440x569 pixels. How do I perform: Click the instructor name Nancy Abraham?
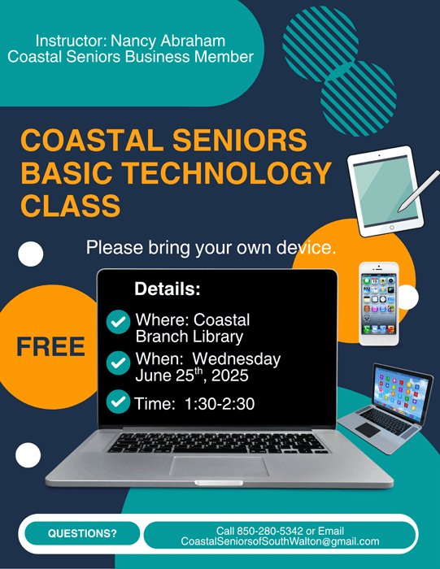pos(168,41)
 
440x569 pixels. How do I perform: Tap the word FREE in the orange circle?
pos(50,347)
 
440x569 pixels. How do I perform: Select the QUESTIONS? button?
pos(82,533)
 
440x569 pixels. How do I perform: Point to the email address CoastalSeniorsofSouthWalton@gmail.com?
pos(280,541)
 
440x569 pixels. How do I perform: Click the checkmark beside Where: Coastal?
pos(119,322)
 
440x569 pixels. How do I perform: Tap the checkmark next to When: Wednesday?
pos(119,363)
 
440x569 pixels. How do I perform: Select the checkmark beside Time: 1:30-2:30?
pos(119,402)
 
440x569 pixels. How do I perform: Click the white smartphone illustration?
pos(379,304)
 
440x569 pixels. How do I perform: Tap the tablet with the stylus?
pos(386,191)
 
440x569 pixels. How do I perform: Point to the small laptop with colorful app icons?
pos(386,408)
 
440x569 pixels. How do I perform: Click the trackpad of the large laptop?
pos(219,467)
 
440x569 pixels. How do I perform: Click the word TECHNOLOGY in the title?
pos(226,172)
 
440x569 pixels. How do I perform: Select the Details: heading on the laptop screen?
pos(168,289)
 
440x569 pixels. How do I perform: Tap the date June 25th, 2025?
pos(192,376)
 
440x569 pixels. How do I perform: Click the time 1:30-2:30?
pos(220,404)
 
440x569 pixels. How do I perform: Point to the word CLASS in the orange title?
pos(71,206)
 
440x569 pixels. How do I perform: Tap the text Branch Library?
pos(190,337)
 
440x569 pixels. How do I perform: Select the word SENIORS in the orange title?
pos(240,140)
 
